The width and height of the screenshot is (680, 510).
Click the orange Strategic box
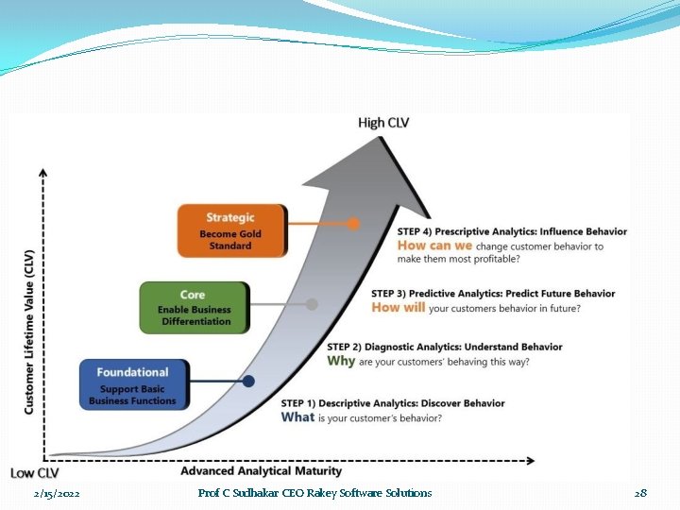(x=230, y=229)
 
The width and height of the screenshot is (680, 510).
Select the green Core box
(x=194, y=307)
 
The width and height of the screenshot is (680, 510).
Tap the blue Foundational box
(x=132, y=384)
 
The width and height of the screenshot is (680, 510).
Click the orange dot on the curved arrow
(x=353, y=224)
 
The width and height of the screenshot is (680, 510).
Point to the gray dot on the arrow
(x=312, y=304)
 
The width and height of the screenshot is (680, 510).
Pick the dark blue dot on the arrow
(x=248, y=382)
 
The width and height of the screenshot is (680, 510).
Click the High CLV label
(x=383, y=123)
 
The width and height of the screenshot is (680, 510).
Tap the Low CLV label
(x=35, y=472)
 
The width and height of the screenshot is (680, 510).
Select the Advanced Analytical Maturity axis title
(x=261, y=470)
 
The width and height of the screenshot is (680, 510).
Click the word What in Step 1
(x=297, y=417)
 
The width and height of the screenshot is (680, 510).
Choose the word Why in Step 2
(x=341, y=361)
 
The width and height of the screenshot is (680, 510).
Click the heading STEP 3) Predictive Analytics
(x=493, y=294)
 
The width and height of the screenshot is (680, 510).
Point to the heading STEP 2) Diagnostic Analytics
(x=444, y=347)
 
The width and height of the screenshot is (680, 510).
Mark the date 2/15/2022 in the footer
(x=56, y=494)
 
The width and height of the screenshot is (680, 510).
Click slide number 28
(x=640, y=493)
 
